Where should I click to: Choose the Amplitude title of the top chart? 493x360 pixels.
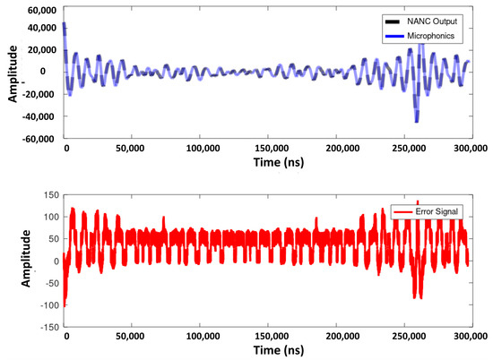[13, 73]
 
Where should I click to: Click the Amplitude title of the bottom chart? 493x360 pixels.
[13, 261]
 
